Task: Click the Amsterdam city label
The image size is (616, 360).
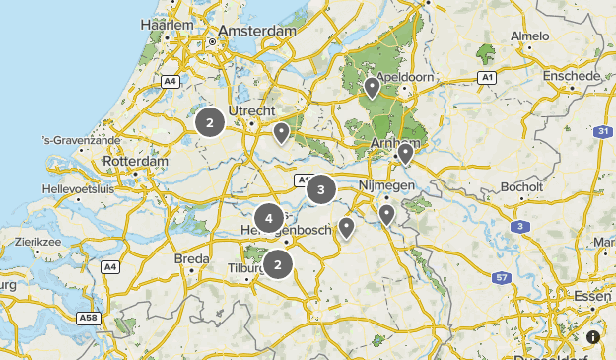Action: [259, 32]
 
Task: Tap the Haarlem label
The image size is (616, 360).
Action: [167, 24]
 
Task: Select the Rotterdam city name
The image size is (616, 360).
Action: [135, 161]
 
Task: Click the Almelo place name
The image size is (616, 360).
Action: [529, 36]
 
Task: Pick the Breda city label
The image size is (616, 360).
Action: [192, 258]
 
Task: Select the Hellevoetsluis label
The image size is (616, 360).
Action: [79, 188]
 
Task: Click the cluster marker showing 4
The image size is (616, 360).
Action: [268, 218]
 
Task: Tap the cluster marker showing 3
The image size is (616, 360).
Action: [321, 188]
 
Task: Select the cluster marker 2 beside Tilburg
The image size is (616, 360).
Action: [278, 264]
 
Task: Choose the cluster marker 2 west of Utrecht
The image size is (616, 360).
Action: [209, 122]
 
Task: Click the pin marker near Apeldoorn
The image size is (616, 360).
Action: [372, 88]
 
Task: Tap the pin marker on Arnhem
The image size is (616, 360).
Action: [404, 153]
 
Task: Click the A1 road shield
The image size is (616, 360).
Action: [486, 77]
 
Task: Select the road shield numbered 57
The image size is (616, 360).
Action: [502, 279]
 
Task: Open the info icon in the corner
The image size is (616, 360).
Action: [593, 337]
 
